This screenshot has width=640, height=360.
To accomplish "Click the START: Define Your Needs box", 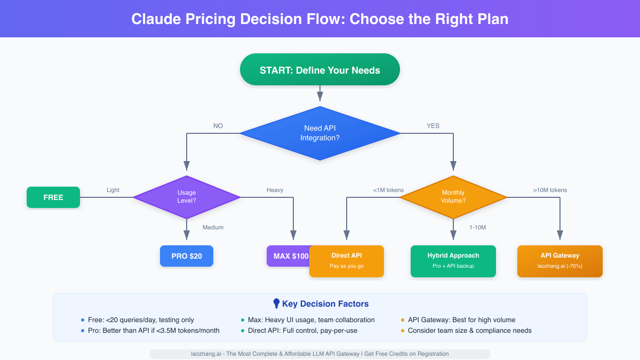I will click(320, 69).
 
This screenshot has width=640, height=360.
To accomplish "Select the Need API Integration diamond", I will click(320, 133).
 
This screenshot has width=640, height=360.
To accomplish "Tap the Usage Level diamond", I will click(187, 197).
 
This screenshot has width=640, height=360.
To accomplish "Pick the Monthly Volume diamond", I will click(453, 197).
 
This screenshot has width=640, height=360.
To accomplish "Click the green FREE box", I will click(53, 197).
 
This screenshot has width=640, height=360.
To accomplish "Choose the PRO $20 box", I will click(187, 256).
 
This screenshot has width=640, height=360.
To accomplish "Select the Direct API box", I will click(347, 261).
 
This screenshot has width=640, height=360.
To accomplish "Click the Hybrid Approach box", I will click(453, 261).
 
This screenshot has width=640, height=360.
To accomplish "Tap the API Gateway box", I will click(560, 261).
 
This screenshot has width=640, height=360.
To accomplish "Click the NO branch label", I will click(218, 126).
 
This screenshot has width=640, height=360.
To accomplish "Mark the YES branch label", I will click(433, 126).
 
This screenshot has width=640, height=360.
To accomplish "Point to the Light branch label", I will click(113, 190).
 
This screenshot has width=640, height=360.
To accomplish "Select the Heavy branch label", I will click(275, 190).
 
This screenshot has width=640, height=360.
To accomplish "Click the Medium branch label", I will click(213, 227).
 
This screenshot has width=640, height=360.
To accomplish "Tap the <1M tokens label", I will click(388, 190).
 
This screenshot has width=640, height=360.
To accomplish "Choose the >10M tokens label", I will click(550, 190).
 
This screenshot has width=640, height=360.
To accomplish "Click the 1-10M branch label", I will click(477, 227).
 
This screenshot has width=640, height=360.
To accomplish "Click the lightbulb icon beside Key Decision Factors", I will click(276, 303).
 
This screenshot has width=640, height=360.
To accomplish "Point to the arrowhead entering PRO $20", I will click(187, 236).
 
